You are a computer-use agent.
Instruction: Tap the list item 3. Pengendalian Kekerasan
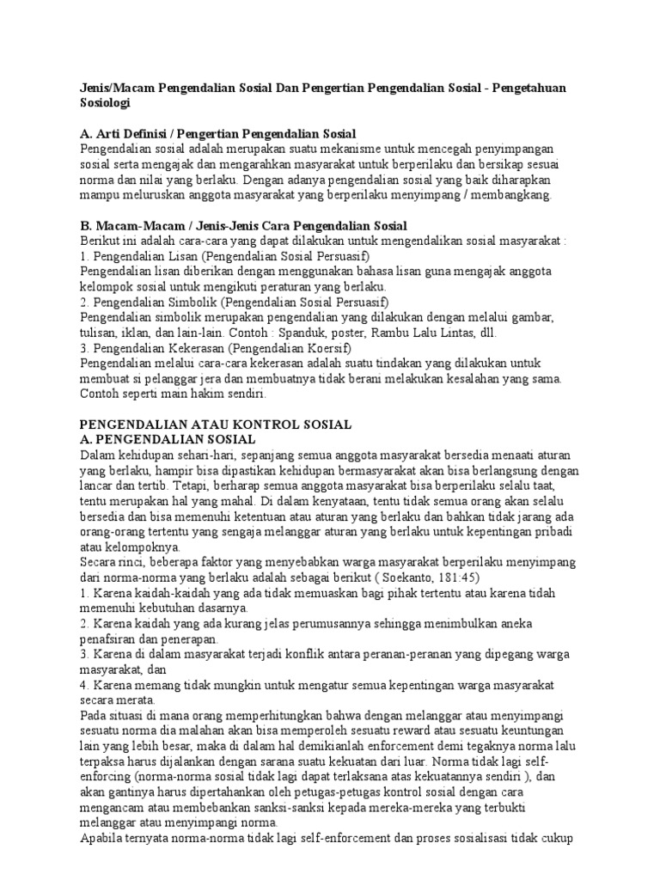pyautogui.click(x=216, y=348)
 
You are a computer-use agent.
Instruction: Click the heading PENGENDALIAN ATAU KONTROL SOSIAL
pyautogui.click(x=216, y=425)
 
